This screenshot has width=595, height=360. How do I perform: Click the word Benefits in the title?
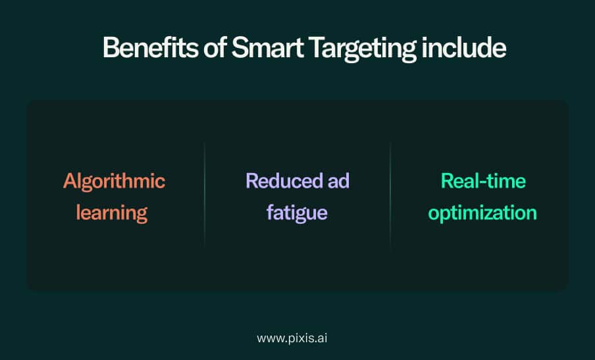tap(150, 48)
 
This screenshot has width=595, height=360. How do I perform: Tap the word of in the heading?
tap(215, 48)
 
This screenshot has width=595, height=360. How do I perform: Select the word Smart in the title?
tap(267, 48)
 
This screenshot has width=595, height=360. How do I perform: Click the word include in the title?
tap(464, 48)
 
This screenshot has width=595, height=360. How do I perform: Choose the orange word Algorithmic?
tap(114, 181)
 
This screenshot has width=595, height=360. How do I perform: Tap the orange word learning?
tap(112, 213)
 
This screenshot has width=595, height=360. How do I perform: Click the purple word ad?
tap(338, 181)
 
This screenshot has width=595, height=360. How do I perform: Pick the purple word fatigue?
tap(297, 213)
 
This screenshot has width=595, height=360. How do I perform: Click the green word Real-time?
tap(483, 181)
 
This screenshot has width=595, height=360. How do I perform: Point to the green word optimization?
tap(482, 213)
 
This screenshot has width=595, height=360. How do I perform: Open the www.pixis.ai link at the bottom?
tap(292, 338)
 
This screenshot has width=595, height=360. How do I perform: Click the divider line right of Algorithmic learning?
tap(205, 195)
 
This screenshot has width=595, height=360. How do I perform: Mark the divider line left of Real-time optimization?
tap(390, 195)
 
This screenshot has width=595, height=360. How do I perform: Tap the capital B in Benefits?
tap(110, 48)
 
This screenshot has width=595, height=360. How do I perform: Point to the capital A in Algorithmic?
tap(70, 181)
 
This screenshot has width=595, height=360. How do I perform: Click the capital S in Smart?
tap(239, 48)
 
